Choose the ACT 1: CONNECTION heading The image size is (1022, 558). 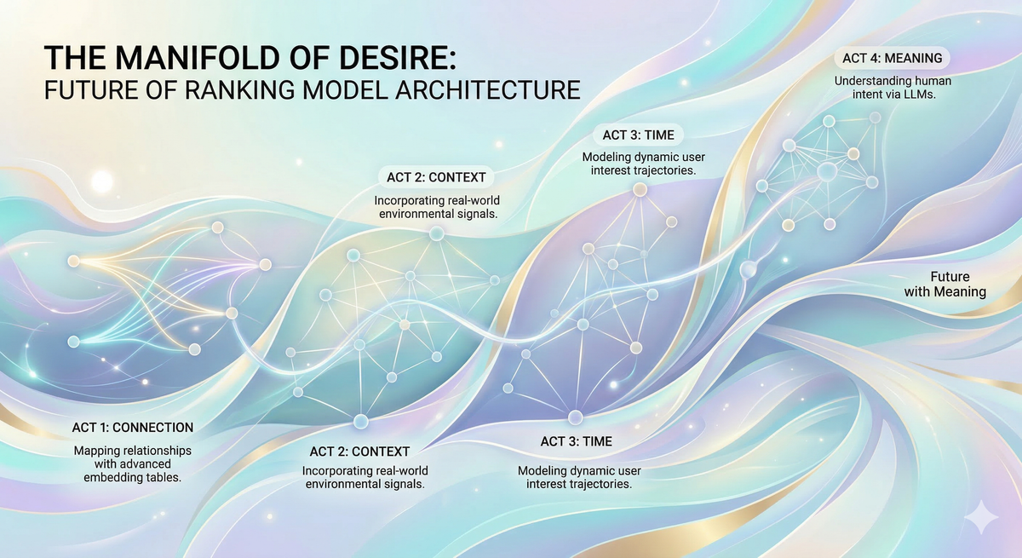pos(132,427)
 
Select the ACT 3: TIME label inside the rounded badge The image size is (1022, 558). pos(639,135)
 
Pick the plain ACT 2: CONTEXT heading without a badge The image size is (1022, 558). pos(359,451)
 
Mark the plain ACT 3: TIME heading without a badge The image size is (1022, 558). pos(577,441)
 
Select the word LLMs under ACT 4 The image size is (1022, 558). pos(916,95)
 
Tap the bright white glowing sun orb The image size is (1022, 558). pos(102,181)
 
